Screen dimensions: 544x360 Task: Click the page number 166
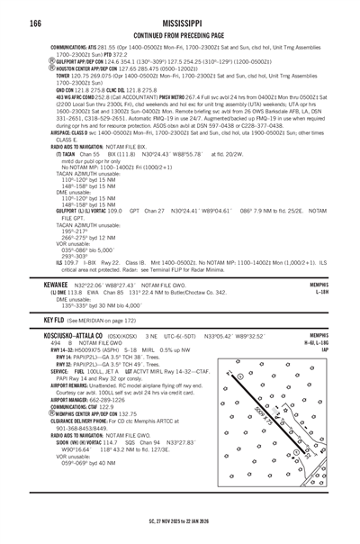pyautogui.click(x=35, y=21)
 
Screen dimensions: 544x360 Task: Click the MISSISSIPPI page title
pyautogui.click(x=180, y=20)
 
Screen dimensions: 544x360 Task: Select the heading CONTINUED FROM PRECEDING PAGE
pyautogui.click(x=180, y=33)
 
